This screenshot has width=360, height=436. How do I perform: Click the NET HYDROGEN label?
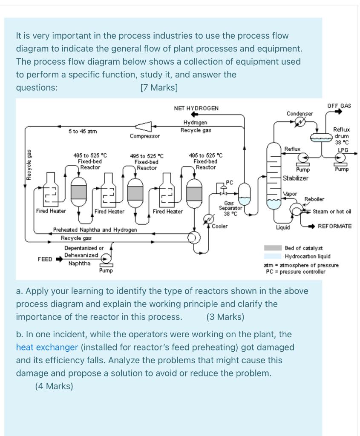coord(196,108)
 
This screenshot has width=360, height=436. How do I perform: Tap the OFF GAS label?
coord(339,106)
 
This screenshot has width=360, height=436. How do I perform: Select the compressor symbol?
coord(144,126)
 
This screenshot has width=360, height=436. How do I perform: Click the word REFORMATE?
coord(335,226)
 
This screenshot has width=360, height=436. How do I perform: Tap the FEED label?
coord(45,258)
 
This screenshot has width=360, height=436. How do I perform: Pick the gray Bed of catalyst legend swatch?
coord(273,248)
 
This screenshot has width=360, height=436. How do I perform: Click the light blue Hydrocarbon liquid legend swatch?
coord(273,256)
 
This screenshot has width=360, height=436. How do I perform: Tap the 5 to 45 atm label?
coord(83,132)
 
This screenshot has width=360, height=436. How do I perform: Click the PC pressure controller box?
coord(230,183)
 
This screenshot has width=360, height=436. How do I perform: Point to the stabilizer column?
coord(274,175)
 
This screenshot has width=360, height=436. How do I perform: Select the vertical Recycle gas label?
coord(29,164)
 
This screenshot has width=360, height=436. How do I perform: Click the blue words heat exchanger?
coord(47,347)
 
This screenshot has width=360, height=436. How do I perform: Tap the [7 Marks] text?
coord(159,88)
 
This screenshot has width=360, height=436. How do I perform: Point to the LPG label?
coord(343,150)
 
